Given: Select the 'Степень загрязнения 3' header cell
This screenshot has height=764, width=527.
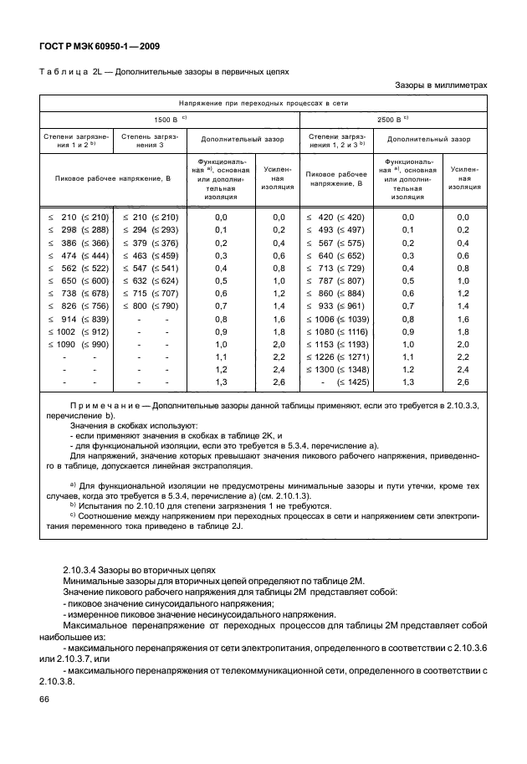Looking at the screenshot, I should point(147,138).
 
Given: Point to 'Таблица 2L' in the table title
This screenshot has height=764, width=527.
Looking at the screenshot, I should point(69,71).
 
